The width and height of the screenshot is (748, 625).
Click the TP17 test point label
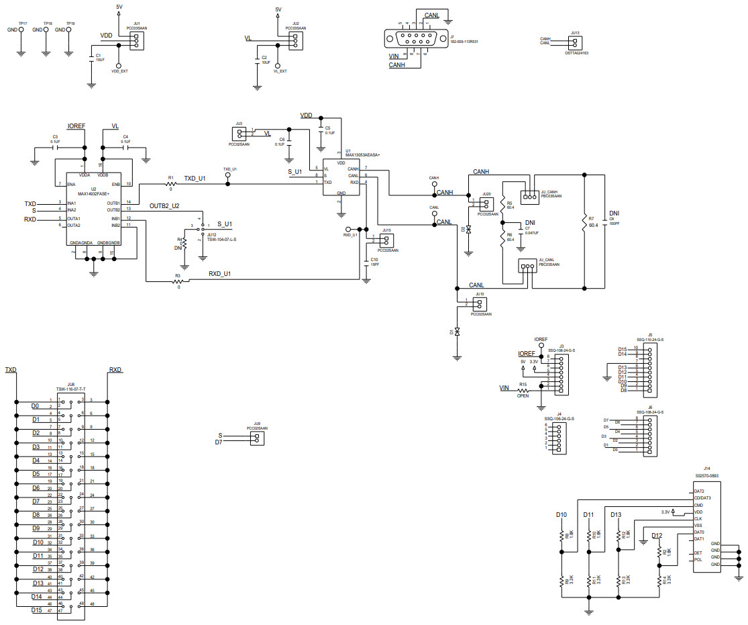(22, 23)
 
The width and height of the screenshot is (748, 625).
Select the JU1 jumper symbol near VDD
(136, 41)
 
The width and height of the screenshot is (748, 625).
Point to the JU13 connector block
(574, 42)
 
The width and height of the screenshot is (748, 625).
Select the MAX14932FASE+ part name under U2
(93, 193)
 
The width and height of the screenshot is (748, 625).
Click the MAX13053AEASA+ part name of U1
(362, 155)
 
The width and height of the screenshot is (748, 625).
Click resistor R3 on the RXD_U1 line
(178, 281)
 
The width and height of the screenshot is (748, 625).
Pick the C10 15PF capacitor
(366, 260)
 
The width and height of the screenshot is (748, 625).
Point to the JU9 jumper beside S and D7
(256, 438)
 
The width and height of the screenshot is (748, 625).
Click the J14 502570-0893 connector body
(707, 527)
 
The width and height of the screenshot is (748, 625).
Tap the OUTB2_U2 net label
(164, 206)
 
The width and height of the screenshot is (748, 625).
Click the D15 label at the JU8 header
(36, 610)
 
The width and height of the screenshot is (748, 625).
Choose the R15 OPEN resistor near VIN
(522, 390)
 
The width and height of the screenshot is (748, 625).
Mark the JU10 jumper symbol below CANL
(479, 303)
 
